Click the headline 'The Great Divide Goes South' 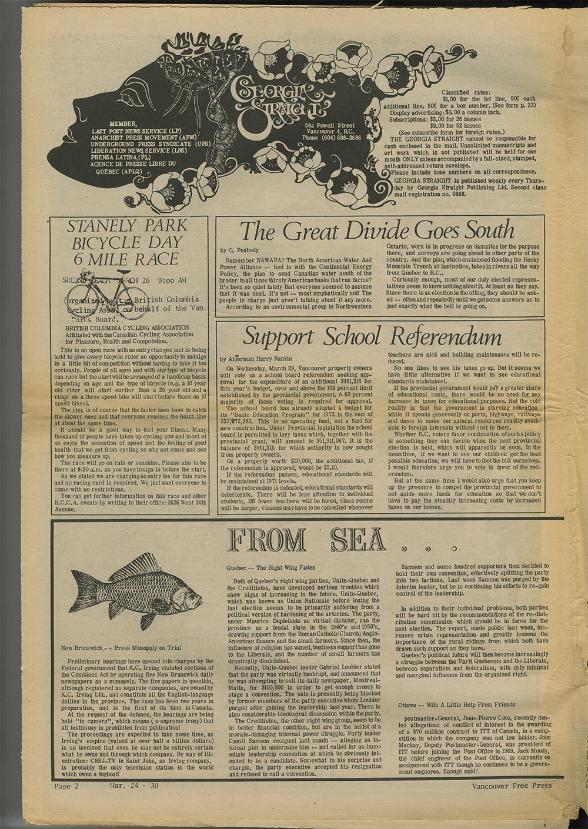point(376,230)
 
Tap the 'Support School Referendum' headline point(372,336)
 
